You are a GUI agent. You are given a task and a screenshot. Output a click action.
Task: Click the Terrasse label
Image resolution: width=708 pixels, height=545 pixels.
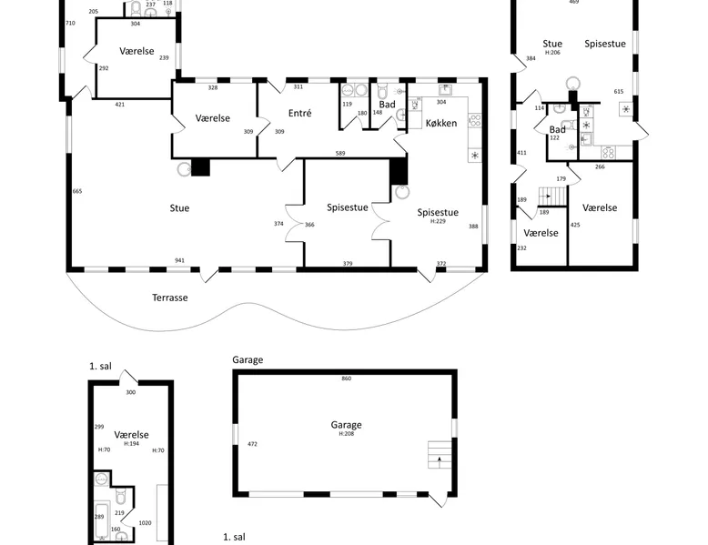click(170, 298)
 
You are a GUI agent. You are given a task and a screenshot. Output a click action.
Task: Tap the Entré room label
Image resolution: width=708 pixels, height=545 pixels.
click(299, 113)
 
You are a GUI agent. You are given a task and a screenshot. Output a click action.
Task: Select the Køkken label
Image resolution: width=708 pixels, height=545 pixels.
click(441, 123)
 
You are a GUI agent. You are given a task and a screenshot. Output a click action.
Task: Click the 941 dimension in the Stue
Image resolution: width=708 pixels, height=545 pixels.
click(179, 260)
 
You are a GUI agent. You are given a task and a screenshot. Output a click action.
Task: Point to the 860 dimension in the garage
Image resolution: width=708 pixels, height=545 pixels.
click(347, 378)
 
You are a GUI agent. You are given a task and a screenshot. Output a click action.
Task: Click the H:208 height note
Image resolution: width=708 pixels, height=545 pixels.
click(347, 433)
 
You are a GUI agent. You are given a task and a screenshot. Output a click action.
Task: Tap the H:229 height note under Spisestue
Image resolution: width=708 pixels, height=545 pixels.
click(438, 221)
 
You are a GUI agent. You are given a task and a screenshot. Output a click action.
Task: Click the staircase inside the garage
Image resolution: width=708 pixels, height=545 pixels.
click(440, 455)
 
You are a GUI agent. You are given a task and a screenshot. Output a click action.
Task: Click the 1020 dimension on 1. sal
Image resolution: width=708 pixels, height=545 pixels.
click(145, 523)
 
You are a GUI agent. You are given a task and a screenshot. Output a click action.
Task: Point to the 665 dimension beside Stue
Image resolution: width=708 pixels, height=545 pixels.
click(77, 191)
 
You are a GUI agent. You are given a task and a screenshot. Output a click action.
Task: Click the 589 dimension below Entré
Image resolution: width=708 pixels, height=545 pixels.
click(340, 153)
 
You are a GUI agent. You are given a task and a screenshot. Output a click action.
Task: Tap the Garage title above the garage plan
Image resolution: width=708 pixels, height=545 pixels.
click(248, 360)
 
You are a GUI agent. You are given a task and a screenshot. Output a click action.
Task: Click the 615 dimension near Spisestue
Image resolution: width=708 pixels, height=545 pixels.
click(619, 92)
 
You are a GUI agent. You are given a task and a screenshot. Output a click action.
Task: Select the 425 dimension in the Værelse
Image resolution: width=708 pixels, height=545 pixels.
click(575, 225)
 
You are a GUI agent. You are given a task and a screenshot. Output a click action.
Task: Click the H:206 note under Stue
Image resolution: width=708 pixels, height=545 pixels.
click(552, 53)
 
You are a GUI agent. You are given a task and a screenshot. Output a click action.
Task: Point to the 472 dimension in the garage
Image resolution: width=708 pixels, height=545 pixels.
click(252, 444)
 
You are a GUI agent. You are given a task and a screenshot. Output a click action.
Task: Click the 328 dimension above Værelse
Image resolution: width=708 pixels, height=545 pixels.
click(213, 87)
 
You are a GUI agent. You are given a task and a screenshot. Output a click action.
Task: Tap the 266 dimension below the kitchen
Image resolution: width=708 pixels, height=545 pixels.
click(600, 167)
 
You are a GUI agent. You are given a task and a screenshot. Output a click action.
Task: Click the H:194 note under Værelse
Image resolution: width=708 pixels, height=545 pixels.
click(131, 443)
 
